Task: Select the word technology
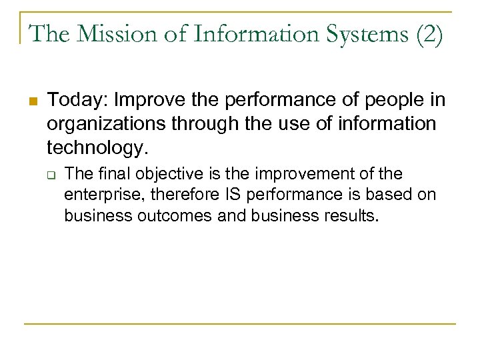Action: pyautogui.click(x=92, y=146)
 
